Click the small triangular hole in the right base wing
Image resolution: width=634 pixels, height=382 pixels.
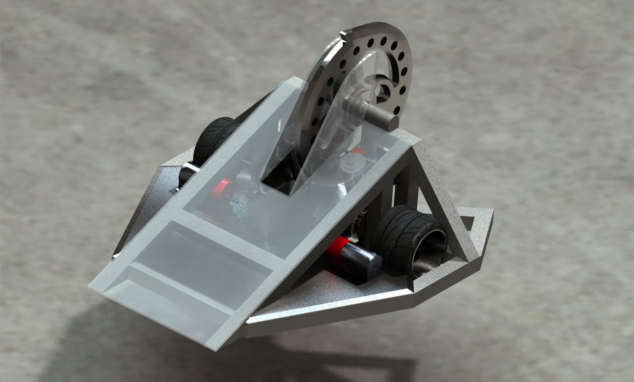pos(468,226)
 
